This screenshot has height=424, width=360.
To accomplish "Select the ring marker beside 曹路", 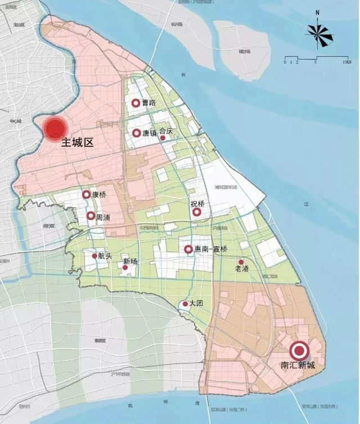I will pos(136,103).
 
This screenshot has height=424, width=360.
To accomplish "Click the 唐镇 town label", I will pos(150,133).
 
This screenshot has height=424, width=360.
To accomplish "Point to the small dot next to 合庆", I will pos(163,137).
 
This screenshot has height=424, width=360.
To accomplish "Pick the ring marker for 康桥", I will pos(86,195).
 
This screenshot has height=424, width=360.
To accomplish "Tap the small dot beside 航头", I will pos(94,256).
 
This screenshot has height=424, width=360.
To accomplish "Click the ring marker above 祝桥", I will pos(196,212).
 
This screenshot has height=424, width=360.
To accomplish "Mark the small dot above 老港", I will pos(241,262).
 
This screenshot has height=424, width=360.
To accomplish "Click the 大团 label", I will pos(196,304).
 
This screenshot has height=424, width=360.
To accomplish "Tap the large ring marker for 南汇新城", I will pos(298,350).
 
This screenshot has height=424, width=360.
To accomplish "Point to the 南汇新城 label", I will pos(298,365).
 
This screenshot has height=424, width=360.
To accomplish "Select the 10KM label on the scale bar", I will pos(346,62).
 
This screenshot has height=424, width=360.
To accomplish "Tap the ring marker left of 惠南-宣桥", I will pos(188,249).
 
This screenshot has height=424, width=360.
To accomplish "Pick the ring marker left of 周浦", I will pos(91,216).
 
